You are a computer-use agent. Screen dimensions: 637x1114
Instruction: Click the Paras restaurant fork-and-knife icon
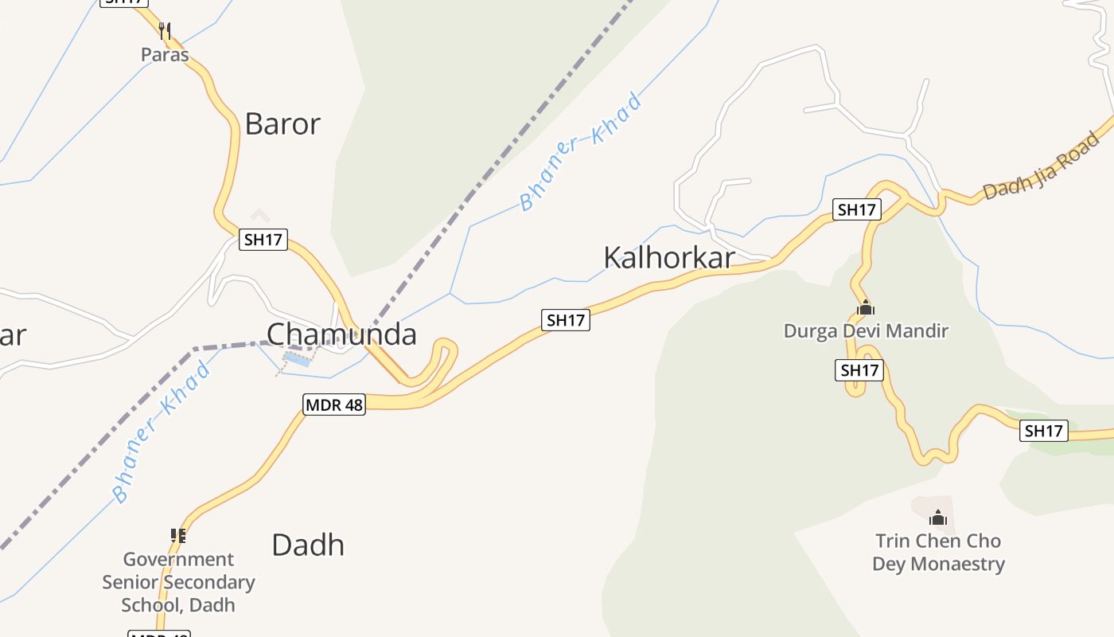coord(165,31)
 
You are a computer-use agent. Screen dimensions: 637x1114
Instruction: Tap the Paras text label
coord(165,55)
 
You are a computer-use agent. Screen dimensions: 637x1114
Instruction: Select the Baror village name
coord(282,124)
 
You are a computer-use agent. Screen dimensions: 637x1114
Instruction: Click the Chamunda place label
coord(341,334)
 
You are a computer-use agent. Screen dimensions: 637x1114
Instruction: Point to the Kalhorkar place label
coord(668,258)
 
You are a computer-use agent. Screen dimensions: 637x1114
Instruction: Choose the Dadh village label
coord(308,545)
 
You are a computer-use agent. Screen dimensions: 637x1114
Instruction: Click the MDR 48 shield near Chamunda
coord(334,404)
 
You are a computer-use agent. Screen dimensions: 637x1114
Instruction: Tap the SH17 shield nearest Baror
coord(263,239)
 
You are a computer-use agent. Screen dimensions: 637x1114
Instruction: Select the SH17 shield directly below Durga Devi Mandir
coord(859,370)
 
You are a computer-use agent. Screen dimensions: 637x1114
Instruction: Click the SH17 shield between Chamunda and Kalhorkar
coord(566,320)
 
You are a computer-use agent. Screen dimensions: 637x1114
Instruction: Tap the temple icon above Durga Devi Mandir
coord(866,307)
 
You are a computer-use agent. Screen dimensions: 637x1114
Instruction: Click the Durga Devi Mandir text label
coord(866,330)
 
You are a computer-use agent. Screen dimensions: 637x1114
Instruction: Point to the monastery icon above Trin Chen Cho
coord(938,518)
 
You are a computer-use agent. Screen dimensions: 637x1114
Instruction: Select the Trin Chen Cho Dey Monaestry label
coord(938,553)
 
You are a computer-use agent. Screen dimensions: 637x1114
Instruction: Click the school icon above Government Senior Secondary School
coord(178,536)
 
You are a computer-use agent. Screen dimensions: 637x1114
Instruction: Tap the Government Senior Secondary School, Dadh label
coord(178,582)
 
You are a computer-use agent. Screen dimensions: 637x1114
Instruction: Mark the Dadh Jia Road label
coord(1041,167)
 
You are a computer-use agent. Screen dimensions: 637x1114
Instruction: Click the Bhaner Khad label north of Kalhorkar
coord(581,152)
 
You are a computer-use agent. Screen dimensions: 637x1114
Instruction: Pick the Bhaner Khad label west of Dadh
coord(162,432)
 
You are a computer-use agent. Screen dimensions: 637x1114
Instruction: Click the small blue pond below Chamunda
coord(297,360)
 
